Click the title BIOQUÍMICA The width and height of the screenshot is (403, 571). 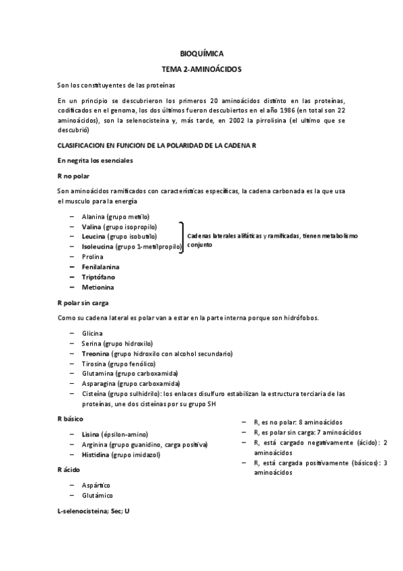(x=201, y=53)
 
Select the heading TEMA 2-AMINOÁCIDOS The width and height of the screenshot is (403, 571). (x=201, y=69)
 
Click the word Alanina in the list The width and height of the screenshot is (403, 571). (x=94, y=217)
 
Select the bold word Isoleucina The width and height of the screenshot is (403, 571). (x=97, y=247)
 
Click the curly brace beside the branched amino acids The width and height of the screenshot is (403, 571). (x=182, y=237)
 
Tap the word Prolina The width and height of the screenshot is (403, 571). (x=93, y=257)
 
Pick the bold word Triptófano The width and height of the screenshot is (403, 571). (x=98, y=277)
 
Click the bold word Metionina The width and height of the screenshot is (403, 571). (x=98, y=288)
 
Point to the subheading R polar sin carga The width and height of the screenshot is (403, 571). (x=83, y=303)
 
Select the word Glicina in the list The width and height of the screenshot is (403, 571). (x=93, y=333)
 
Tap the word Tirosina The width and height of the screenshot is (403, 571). (x=94, y=363)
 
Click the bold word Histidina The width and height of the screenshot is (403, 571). (x=96, y=455)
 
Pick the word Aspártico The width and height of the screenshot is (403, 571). (x=96, y=485)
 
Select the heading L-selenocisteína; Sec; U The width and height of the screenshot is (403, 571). (x=94, y=512)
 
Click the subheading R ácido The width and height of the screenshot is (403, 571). (x=70, y=469)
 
